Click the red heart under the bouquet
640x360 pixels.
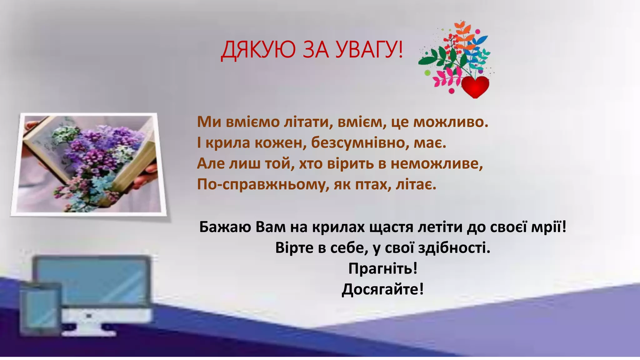click(x=475, y=87)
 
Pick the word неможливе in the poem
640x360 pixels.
click(x=437, y=163)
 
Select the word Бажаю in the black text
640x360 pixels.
click(x=225, y=227)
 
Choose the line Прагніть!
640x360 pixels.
click(x=383, y=268)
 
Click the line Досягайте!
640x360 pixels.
click(x=383, y=289)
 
